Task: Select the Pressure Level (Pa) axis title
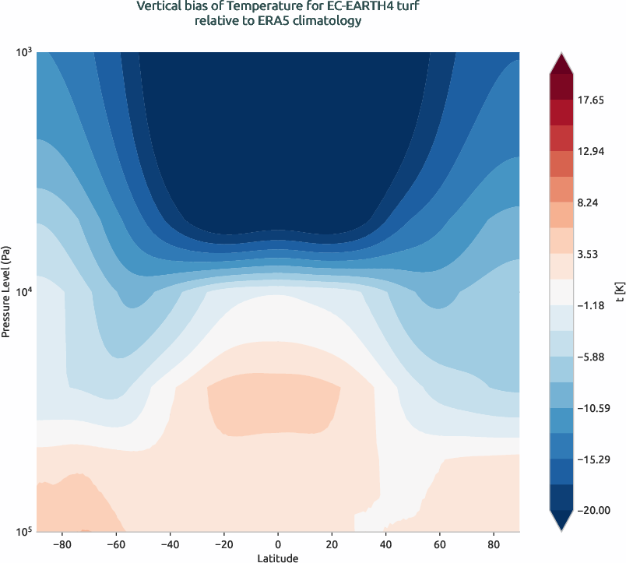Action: coord(5,292)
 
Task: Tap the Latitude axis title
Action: coord(278,558)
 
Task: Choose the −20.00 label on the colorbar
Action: coord(592,510)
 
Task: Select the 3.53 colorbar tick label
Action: coord(589,254)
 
